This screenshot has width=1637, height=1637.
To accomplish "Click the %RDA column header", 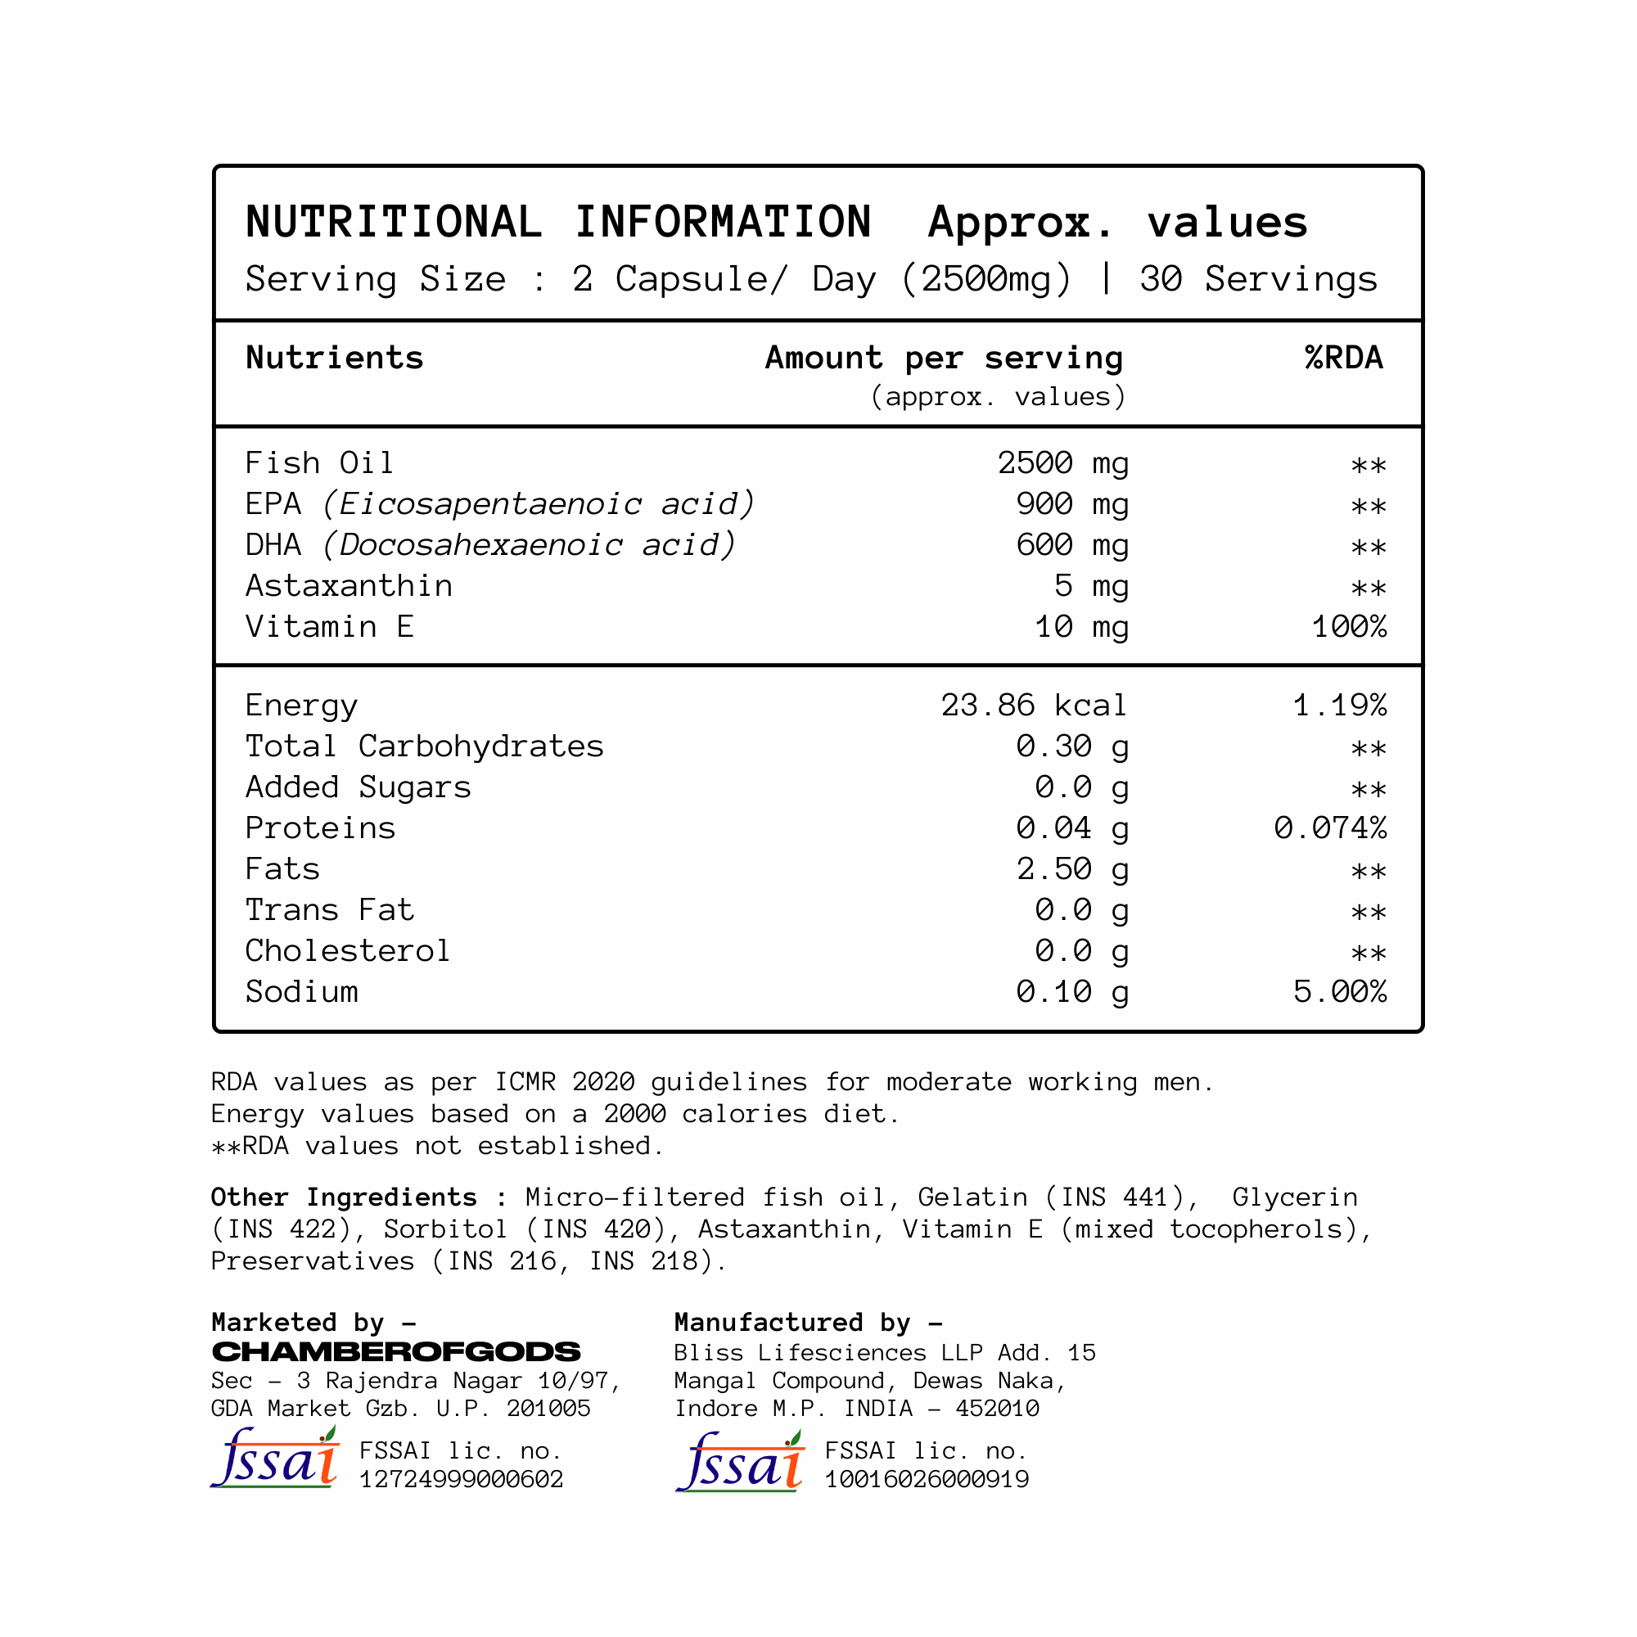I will (1343, 359).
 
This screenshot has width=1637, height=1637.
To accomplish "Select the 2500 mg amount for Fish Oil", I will (1062, 463).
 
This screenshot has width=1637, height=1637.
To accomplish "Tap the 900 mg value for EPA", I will (1072, 504).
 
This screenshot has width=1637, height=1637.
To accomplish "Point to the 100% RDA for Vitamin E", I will (1348, 627).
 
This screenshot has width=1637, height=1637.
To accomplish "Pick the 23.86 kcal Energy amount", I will (1033, 705).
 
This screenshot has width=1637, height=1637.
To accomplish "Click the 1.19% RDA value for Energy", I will (1339, 705).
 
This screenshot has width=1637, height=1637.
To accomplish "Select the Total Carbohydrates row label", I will (424, 746).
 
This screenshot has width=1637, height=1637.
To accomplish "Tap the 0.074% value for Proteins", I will (1329, 828).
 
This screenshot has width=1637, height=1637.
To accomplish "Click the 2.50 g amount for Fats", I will (1072, 869).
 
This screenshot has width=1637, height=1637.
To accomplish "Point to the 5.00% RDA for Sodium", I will (1339, 992).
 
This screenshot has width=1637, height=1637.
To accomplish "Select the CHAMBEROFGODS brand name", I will (395, 1351).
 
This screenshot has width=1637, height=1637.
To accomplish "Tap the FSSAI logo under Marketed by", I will (274, 1459).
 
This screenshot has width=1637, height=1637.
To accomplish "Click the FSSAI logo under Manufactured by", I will (740, 1462).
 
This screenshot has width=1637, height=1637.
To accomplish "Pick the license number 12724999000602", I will (461, 1479).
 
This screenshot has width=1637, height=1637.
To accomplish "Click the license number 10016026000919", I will (926, 1479).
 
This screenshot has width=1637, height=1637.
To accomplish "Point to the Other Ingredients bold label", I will (343, 1197).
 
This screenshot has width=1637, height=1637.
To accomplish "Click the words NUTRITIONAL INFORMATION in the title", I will (557, 222).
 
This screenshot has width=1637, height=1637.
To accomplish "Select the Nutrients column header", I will (334, 359).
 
